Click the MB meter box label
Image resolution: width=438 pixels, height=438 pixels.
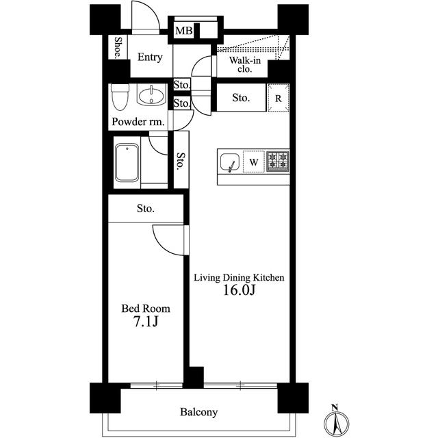[184, 30]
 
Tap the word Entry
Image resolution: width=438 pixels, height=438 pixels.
[150, 57]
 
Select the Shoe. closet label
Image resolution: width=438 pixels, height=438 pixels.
[118, 47]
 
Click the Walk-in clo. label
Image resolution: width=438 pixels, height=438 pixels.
[245, 64]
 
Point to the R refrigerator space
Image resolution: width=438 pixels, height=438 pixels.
[279, 98]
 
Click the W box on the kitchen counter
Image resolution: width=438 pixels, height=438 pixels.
[254, 162]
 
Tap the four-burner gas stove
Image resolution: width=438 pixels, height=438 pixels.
[277, 162]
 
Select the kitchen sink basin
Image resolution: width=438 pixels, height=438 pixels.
[230, 162]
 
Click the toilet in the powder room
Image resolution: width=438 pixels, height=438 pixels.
[120, 96]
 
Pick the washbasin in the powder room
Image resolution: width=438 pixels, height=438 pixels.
[151, 95]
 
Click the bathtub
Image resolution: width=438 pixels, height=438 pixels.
[127, 163]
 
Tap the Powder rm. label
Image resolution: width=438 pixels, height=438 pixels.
[138, 122]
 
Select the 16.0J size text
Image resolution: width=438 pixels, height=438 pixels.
[239, 290]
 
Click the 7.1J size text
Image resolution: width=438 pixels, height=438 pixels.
[146, 322]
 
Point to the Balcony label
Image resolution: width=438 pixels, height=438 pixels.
[198, 412]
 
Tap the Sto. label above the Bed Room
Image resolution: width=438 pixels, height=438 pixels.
[146, 208]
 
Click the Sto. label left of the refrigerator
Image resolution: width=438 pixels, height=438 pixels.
[241, 98]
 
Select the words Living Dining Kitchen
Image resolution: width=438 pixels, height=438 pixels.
[239, 278]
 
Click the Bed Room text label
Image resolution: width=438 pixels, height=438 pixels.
[146, 309]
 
